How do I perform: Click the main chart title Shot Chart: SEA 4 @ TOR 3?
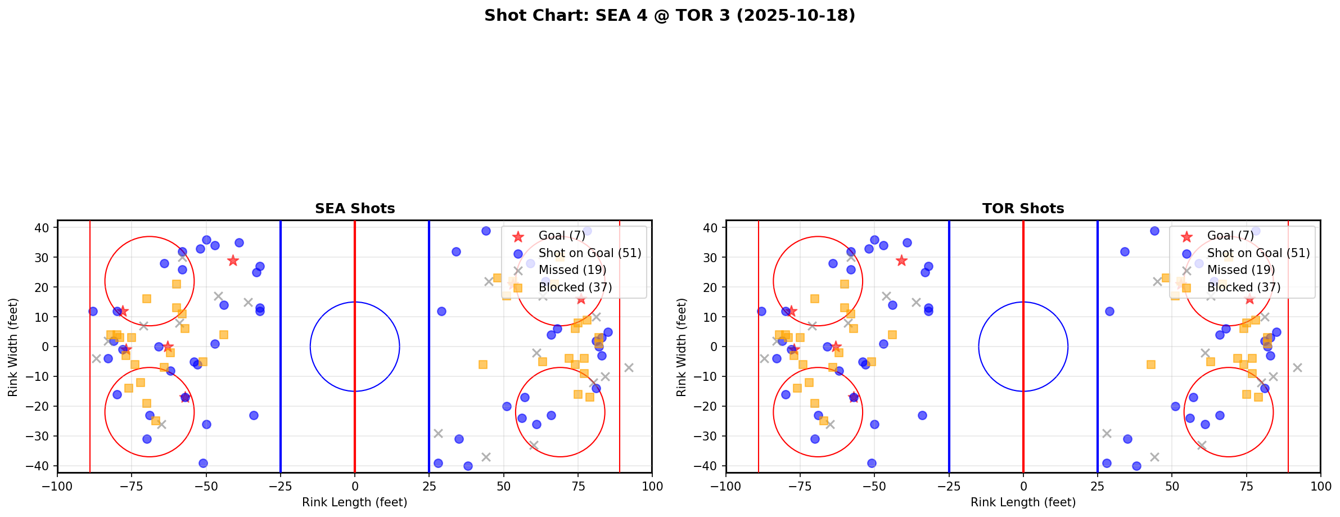[669, 16]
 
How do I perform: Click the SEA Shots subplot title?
[355, 209]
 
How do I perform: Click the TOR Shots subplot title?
[1023, 209]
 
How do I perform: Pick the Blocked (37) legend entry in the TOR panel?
[1243, 287]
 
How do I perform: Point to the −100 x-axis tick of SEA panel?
[57, 486]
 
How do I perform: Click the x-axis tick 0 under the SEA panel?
[355, 486]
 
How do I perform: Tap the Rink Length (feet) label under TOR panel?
[1023, 502]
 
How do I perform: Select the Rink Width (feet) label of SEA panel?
[13, 347]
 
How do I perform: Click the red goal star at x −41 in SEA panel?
[233, 260]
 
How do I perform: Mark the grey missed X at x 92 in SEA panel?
[628, 368]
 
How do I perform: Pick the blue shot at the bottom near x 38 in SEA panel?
[468, 466]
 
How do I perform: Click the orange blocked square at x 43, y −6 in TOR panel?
[1151, 365]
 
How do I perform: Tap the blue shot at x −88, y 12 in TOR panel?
[761, 311]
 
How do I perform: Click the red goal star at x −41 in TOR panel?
[901, 260]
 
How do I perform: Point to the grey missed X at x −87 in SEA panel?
[96, 358]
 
